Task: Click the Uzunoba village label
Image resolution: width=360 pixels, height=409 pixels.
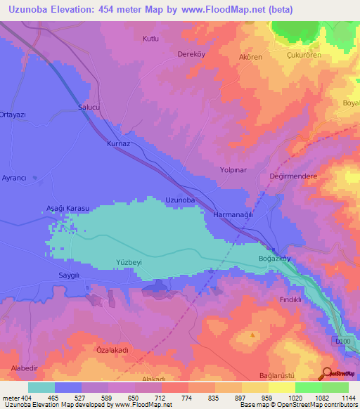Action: pyautogui.click(x=180, y=200)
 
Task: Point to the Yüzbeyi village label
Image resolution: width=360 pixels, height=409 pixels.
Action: pyautogui.click(x=129, y=263)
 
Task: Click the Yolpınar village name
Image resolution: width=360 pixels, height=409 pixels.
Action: pyautogui.click(x=234, y=170)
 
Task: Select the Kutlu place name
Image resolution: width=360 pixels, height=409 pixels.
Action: pyautogui.click(x=152, y=39)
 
